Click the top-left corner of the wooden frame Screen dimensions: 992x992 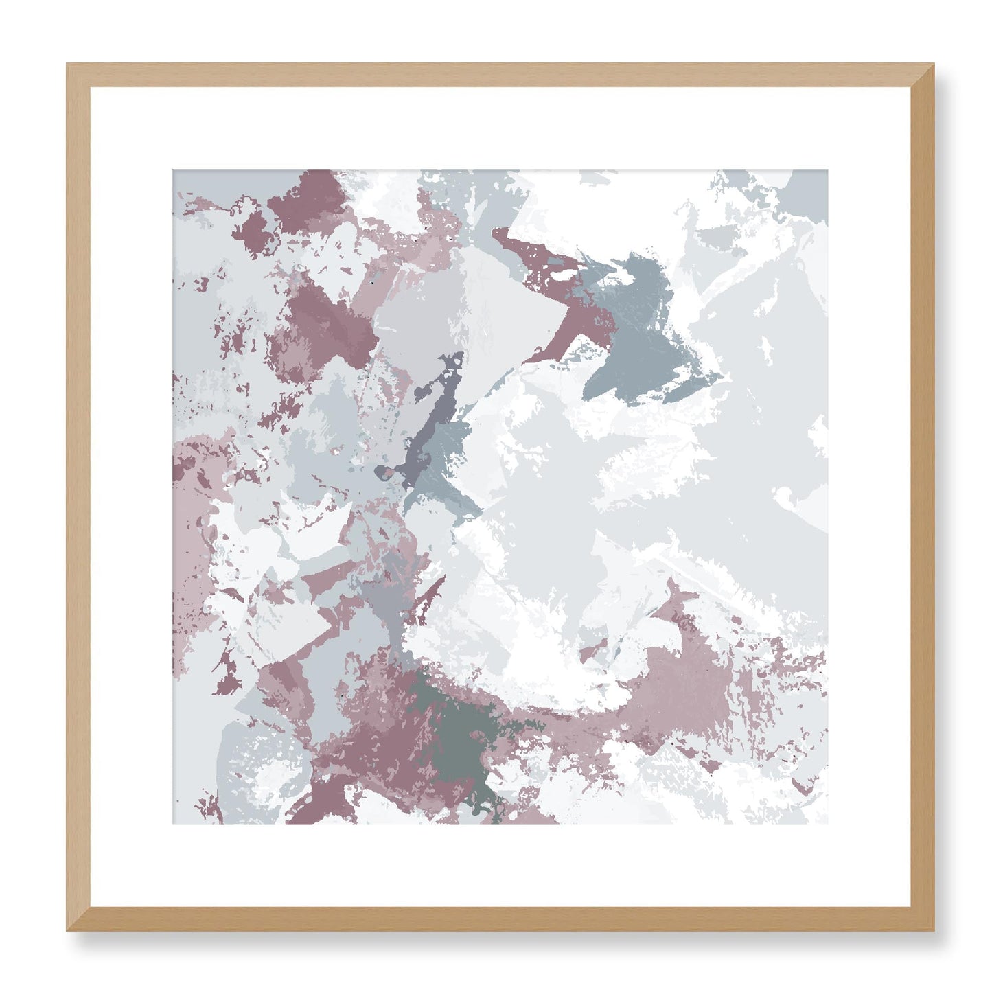69,66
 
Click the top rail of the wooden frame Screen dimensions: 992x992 500,75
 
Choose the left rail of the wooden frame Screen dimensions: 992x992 78,497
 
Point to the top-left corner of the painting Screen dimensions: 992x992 174,171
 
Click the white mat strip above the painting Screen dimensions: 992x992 500,128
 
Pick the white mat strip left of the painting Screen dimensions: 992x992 131,497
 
